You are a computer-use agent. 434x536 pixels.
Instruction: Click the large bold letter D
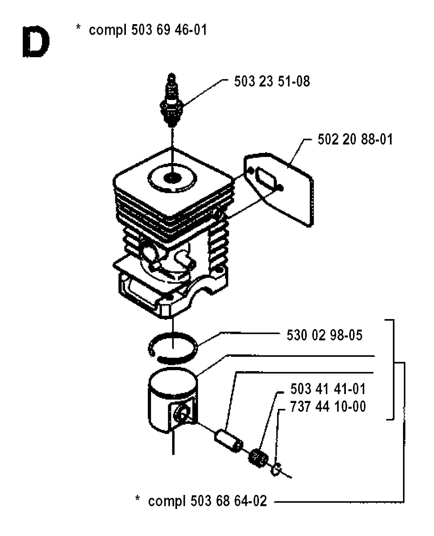(x=36, y=42)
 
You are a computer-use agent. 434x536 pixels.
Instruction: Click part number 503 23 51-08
(x=272, y=81)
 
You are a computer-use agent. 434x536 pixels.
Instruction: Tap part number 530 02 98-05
(x=325, y=335)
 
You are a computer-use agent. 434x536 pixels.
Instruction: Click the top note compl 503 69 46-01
(x=148, y=30)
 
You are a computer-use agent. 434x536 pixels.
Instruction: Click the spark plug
(x=172, y=101)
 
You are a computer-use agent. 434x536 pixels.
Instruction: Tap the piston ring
(x=173, y=347)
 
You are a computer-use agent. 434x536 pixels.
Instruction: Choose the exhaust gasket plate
(x=278, y=189)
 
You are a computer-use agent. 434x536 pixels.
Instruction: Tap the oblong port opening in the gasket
(x=266, y=178)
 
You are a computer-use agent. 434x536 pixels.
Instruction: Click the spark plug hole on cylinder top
(x=172, y=178)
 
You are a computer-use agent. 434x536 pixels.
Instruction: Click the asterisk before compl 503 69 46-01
(x=78, y=27)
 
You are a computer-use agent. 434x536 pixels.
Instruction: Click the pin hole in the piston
(x=182, y=414)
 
